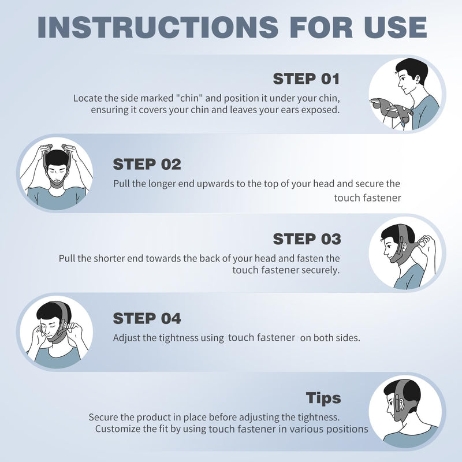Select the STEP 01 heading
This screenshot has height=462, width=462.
[306, 79]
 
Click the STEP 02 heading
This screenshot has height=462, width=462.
[147, 164]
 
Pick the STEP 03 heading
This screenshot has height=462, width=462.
[306, 239]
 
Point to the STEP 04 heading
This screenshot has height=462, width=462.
[147, 318]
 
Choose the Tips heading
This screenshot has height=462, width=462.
[323, 398]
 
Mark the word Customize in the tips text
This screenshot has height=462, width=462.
[119, 429]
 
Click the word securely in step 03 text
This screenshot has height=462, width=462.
[320, 270]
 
